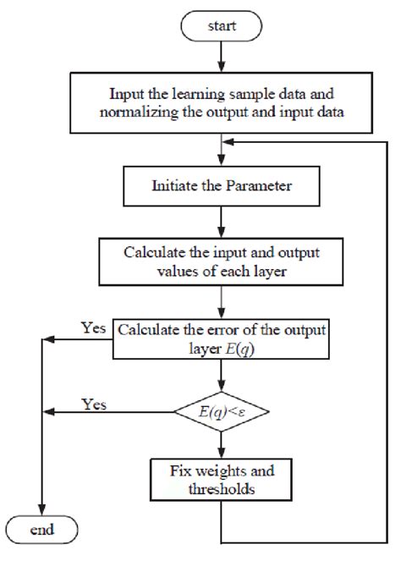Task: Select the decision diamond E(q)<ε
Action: tap(221, 412)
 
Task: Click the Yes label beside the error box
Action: tap(93, 327)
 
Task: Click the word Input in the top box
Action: tap(127, 95)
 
